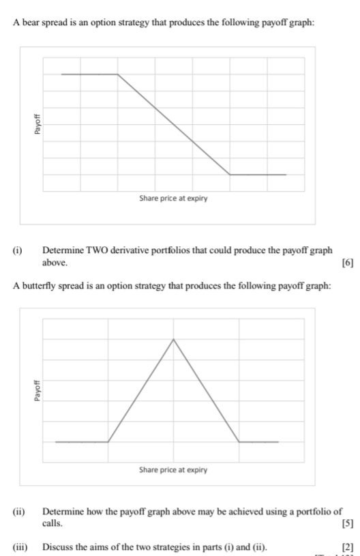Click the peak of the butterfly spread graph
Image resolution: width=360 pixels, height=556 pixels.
(x=173, y=339)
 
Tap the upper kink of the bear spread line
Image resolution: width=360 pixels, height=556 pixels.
(x=118, y=74)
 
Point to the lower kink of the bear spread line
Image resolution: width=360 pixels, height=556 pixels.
(x=230, y=175)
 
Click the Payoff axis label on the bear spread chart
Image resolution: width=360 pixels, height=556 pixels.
(x=38, y=124)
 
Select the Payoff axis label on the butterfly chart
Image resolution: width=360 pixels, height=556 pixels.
(x=38, y=390)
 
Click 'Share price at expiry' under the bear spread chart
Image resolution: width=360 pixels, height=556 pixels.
(x=173, y=199)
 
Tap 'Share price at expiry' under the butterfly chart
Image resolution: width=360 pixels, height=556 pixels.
(x=173, y=470)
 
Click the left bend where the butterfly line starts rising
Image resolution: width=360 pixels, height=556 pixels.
(x=108, y=442)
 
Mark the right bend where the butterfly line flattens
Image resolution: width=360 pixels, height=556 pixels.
(x=239, y=442)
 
